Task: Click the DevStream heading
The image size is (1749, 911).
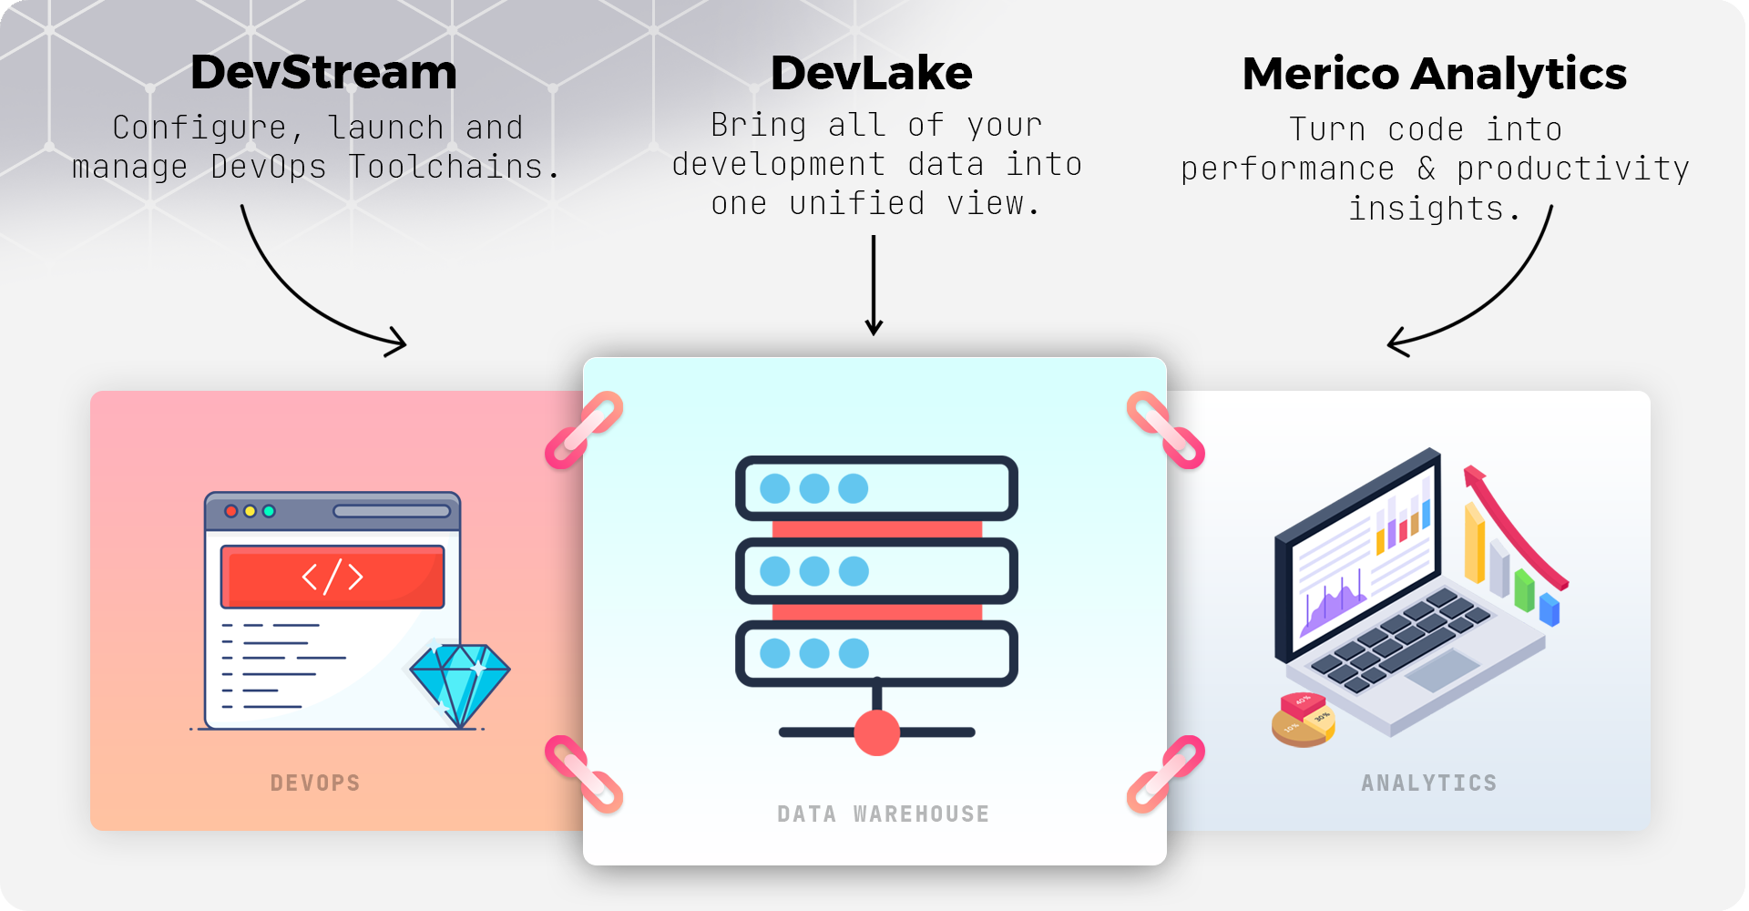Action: click(x=323, y=73)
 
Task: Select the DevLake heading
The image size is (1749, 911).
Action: click(x=871, y=73)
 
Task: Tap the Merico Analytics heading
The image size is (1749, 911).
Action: click(x=1434, y=74)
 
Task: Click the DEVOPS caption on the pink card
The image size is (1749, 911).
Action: click(x=315, y=783)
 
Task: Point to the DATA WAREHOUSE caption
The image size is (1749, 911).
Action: click(x=883, y=814)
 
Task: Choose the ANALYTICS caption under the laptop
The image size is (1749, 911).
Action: click(x=1428, y=783)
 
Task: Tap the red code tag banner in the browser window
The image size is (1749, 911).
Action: click(x=332, y=577)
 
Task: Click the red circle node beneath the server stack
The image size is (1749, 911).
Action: click(x=877, y=732)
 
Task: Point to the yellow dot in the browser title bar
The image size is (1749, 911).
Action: click(x=250, y=511)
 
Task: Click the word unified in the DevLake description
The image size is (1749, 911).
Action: click(x=856, y=203)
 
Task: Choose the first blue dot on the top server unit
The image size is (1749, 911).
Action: click(x=775, y=488)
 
